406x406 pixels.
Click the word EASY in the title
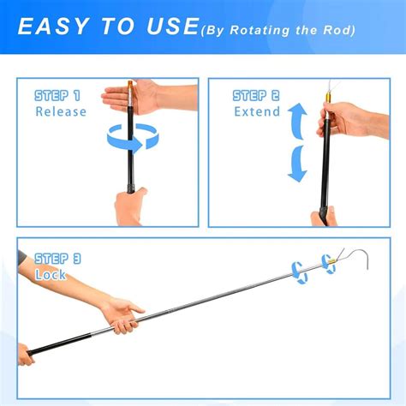pos(53,27)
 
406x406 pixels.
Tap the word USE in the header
pos(172,27)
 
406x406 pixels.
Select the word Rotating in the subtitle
pos(260,30)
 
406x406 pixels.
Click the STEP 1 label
pos(57,96)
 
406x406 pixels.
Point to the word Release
pos(61,111)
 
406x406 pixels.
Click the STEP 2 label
pos(256,96)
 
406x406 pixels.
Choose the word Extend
pos(257,111)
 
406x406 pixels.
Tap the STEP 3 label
pos(57,259)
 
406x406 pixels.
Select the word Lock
pos(51,275)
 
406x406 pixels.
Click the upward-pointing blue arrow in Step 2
pos(298,121)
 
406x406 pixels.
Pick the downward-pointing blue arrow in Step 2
pos(298,164)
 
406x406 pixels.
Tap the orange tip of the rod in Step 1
pos(130,86)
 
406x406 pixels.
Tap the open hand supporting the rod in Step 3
pos(123,315)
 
